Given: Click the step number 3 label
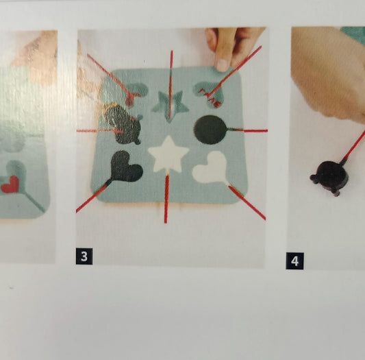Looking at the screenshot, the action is pos(84,256).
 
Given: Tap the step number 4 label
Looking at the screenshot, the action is pos(294,261).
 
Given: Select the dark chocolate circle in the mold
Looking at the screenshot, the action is pos(210,130).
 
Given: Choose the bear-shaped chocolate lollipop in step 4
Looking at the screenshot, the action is pos(329,177).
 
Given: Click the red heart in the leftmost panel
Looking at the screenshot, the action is pos(10,184).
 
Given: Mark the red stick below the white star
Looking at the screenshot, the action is pos(166,198).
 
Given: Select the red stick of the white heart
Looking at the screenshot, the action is pos(247,202).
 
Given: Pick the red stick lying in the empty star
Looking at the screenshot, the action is pos(171,84).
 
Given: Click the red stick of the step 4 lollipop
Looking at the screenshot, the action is pos(353,146).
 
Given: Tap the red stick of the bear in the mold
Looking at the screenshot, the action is pos(99,130).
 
